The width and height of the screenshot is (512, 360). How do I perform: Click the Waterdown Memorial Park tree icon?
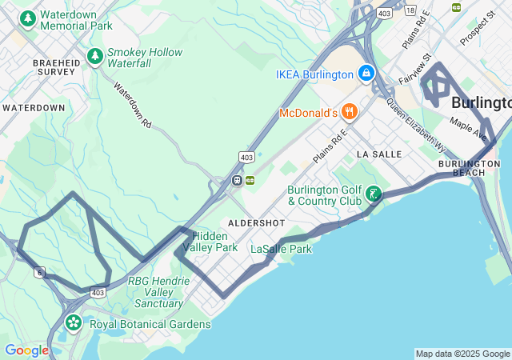[x=28, y=18]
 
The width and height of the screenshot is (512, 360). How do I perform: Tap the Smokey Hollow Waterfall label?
[x=144, y=58]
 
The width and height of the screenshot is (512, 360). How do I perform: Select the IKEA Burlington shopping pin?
[x=366, y=74]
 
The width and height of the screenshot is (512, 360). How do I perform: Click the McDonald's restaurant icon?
[x=348, y=113]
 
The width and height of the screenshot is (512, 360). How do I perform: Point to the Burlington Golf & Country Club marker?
[x=373, y=194]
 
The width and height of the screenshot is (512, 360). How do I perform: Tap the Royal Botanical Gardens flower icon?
[x=74, y=323]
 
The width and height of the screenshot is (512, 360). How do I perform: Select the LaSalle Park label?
[x=281, y=249]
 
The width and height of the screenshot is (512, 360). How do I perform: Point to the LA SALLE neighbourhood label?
[x=379, y=153]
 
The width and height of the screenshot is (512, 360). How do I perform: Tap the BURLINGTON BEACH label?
[x=469, y=168]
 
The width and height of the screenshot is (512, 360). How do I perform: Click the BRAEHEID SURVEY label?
[x=54, y=66]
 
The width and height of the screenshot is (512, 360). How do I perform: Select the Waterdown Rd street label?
[x=132, y=105]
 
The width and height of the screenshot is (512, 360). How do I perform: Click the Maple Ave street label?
[x=468, y=126]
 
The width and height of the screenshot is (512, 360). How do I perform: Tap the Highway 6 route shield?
[x=38, y=273]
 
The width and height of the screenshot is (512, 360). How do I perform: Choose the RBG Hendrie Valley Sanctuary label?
[x=158, y=292]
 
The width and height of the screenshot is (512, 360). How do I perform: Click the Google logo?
[x=26, y=350]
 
